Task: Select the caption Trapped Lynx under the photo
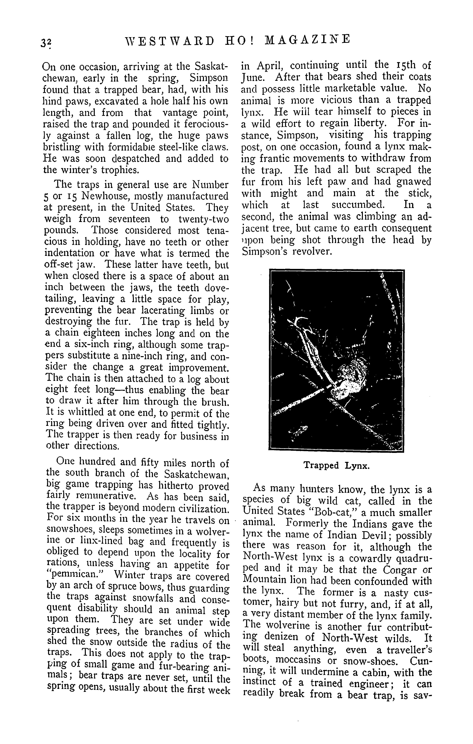click(336, 465)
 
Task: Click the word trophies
click(118, 170)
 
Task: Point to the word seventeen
click(129, 219)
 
